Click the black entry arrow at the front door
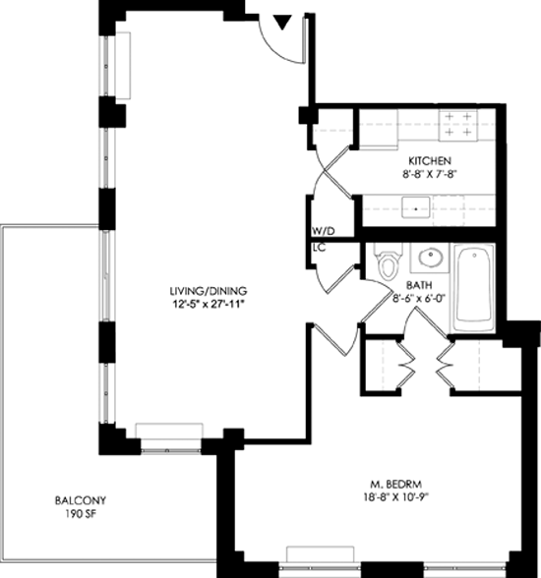click(x=283, y=22)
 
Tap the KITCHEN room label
click(x=430, y=161)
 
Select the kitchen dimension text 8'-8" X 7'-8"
click(x=427, y=174)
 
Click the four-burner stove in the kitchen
click(x=457, y=125)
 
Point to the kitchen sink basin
click(x=416, y=206)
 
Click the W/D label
click(x=324, y=232)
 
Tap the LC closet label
click(x=319, y=248)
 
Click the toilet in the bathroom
click(x=388, y=261)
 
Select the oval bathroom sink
click(x=430, y=258)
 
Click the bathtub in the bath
click(x=474, y=287)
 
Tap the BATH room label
click(x=419, y=286)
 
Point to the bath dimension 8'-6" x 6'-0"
click(x=419, y=298)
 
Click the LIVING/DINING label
click(x=209, y=291)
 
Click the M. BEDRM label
click(x=396, y=484)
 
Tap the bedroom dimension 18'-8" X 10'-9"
click(x=396, y=497)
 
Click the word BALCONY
click(x=81, y=500)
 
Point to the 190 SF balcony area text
click(x=81, y=514)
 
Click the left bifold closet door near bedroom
click(x=406, y=363)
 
